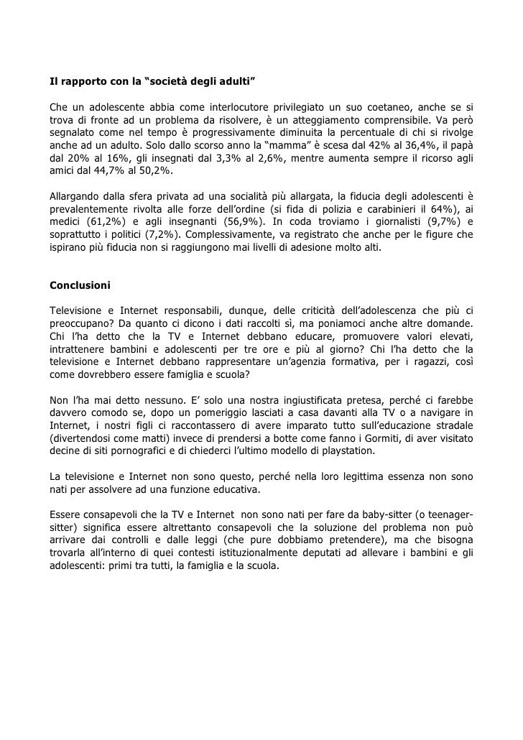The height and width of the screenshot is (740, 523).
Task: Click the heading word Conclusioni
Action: (80, 285)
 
